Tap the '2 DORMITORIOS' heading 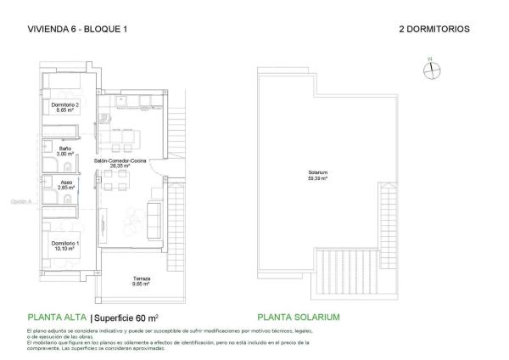(x=433, y=29)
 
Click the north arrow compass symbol (x=430, y=71)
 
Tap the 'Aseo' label (x=64, y=181)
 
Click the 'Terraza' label (x=142, y=279)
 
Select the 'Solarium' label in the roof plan (x=318, y=172)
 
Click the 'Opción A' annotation (x=20, y=202)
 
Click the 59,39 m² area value (x=318, y=178)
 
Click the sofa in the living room (x=154, y=221)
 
